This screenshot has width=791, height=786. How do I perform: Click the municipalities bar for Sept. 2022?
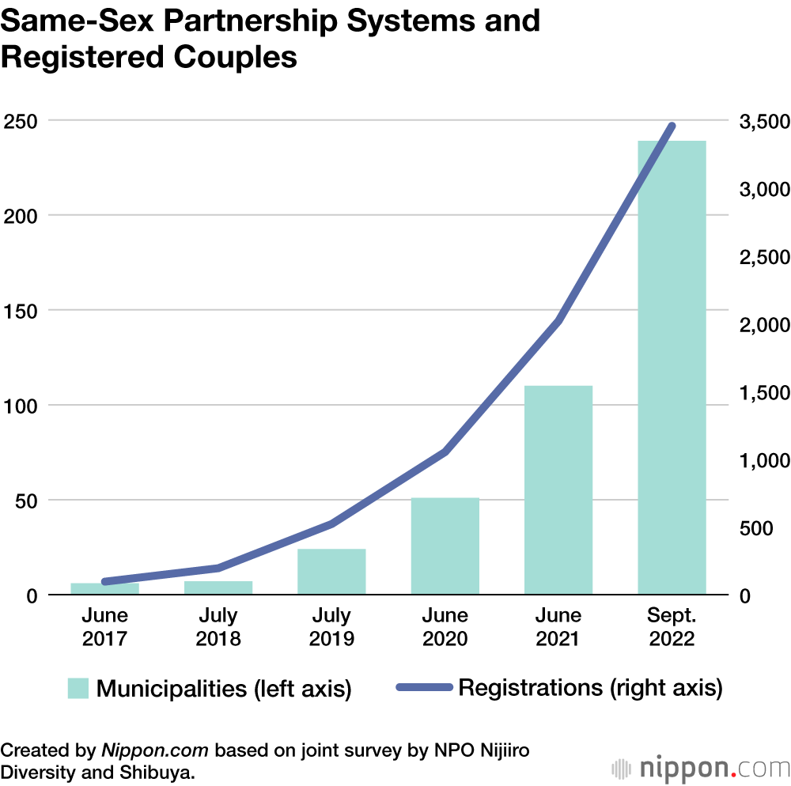click(x=672, y=368)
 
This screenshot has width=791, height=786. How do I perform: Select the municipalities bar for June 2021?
click(x=558, y=490)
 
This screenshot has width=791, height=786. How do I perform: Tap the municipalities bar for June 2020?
click(x=445, y=546)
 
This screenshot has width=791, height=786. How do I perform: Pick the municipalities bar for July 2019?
click(x=331, y=572)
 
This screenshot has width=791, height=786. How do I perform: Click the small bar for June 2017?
click(x=105, y=589)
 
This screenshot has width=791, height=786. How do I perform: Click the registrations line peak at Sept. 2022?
click(x=672, y=126)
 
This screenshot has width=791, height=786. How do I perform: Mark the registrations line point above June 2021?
click(x=558, y=321)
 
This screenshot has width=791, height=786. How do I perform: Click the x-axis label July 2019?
click(x=331, y=627)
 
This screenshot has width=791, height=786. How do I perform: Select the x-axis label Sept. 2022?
click(x=672, y=627)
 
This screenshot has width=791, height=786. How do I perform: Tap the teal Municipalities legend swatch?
click(x=78, y=688)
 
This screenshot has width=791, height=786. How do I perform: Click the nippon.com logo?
click(x=700, y=767)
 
